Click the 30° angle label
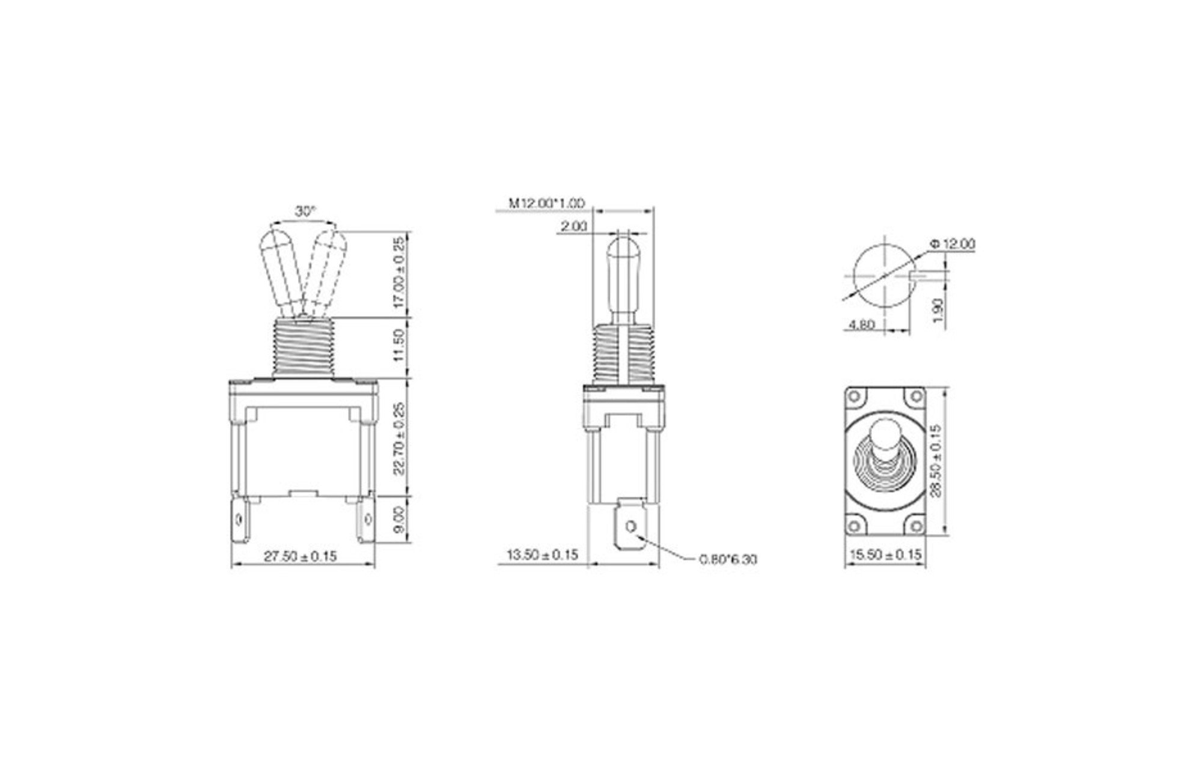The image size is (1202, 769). pyautogui.click(x=305, y=211)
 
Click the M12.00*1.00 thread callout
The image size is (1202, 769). pyautogui.click(x=547, y=204)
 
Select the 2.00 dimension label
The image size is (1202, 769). pyautogui.click(x=573, y=226)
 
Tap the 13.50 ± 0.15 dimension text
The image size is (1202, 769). pyautogui.click(x=543, y=555)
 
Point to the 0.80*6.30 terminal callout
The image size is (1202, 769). pyautogui.click(x=728, y=559)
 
